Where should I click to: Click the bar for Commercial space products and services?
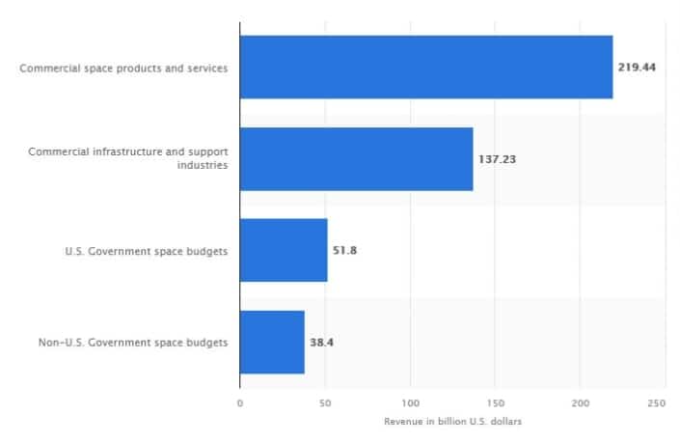coord(425,68)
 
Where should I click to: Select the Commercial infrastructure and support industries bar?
coord(356,159)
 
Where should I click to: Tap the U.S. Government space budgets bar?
coord(284,250)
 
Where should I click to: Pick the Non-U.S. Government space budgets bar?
coord(272,342)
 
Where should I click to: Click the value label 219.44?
coord(637,69)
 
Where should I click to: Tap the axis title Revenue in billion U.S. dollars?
coord(450,422)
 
